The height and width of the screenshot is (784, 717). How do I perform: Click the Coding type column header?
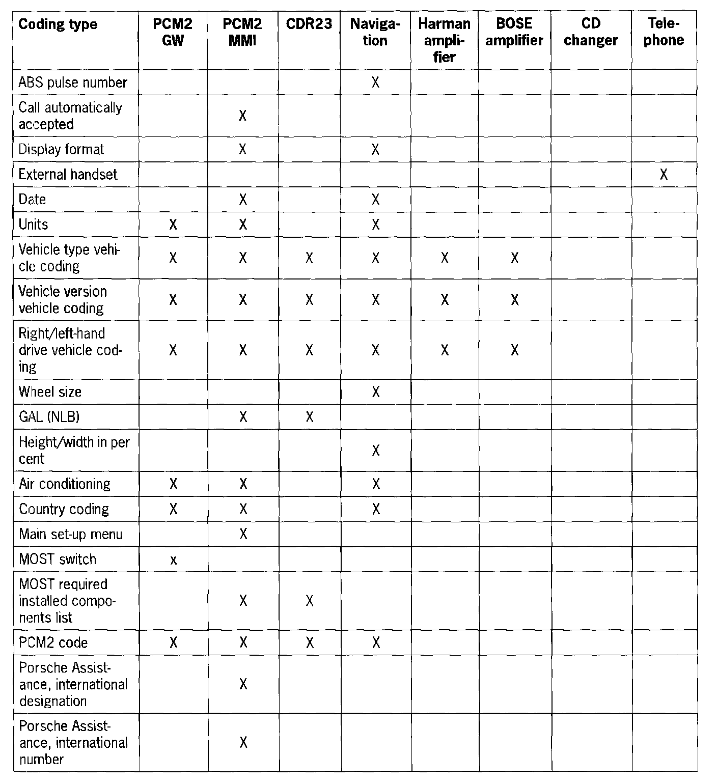[x=58, y=24]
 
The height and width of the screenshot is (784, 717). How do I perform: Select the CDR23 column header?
[x=309, y=24]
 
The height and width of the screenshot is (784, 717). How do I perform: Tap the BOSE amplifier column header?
[x=514, y=32]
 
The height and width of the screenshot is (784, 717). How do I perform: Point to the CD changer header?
[x=591, y=32]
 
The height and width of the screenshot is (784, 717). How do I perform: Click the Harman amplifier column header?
[x=444, y=40]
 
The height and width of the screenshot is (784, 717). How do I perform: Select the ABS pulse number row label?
[x=73, y=82]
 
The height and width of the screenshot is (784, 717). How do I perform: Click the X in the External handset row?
[x=664, y=175]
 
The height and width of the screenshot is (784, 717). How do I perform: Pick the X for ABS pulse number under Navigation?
[x=375, y=82]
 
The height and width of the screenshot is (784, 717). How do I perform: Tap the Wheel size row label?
[x=50, y=392]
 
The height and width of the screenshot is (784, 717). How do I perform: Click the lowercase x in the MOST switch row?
[x=173, y=560]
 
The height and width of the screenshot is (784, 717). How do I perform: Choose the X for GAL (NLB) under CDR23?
[x=309, y=417]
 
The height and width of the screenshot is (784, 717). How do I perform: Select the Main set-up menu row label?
[x=71, y=535]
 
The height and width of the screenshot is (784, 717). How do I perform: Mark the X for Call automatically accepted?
[x=243, y=116]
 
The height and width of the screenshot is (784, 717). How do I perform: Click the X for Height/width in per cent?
[x=376, y=451]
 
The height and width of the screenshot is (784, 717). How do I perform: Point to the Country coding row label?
[x=64, y=509]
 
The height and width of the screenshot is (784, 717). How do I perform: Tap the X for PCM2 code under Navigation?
[x=376, y=642]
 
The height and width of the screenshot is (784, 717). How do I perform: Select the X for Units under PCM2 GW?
[x=173, y=225]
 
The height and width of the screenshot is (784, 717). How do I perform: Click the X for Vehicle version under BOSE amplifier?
[x=514, y=300]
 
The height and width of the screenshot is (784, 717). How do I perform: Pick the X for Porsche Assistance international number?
[x=243, y=743]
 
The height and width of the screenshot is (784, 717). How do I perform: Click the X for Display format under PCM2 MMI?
[x=243, y=150]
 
